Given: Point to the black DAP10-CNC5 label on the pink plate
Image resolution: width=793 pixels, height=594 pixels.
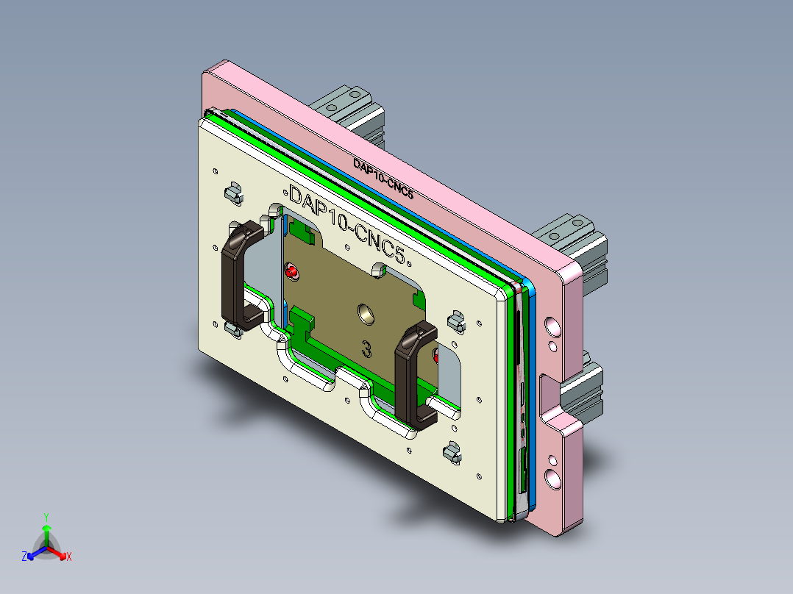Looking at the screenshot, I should point(383,179).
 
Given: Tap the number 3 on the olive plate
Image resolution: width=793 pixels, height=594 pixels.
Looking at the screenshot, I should point(366,348).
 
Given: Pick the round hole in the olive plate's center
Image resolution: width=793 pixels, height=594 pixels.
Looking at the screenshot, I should point(366,315).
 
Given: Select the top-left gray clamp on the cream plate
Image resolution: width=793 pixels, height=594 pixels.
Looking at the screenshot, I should point(233,193).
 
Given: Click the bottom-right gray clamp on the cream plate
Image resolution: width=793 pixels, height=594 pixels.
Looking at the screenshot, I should point(453,452).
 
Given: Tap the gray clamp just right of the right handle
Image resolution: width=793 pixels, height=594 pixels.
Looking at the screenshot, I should point(456,321).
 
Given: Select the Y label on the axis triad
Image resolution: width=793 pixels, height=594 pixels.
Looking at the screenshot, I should point(46,517).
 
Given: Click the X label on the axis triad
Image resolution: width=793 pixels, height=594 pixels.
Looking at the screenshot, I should point(69,557).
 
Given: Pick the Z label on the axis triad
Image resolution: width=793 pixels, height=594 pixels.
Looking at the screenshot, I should point(24,557).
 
